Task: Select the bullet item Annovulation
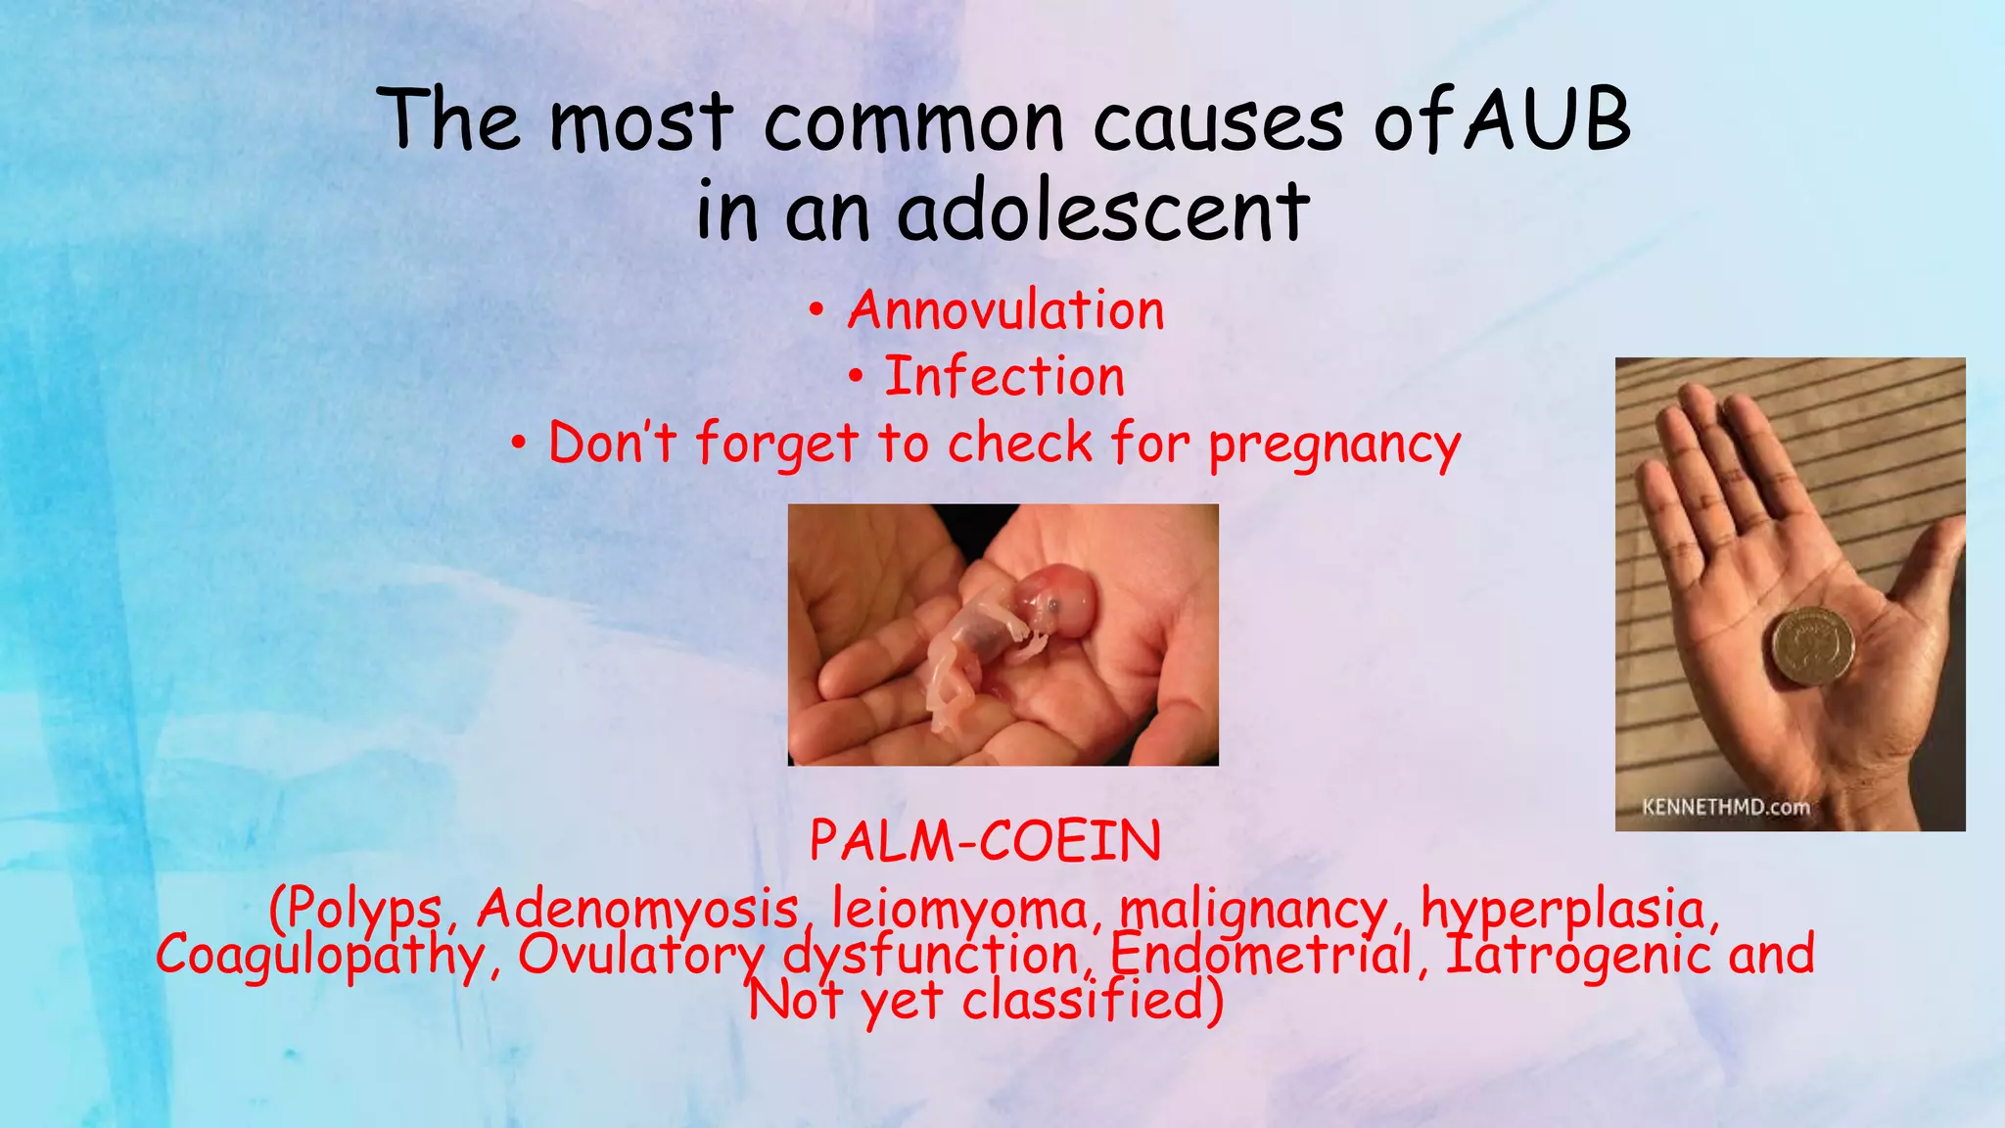pos(1005,310)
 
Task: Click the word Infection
pos(1004,377)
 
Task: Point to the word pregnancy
pos(1334,444)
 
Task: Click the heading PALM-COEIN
pos(985,841)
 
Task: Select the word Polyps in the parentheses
pos(363,910)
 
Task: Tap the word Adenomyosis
pos(637,910)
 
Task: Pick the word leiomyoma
pos(959,910)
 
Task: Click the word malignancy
pos(1253,910)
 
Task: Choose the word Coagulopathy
pos(320,955)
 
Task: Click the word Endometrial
pos(1261,955)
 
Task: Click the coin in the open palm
pos(1812,646)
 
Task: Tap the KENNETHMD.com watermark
pos(1725,808)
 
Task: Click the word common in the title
pos(912,121)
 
